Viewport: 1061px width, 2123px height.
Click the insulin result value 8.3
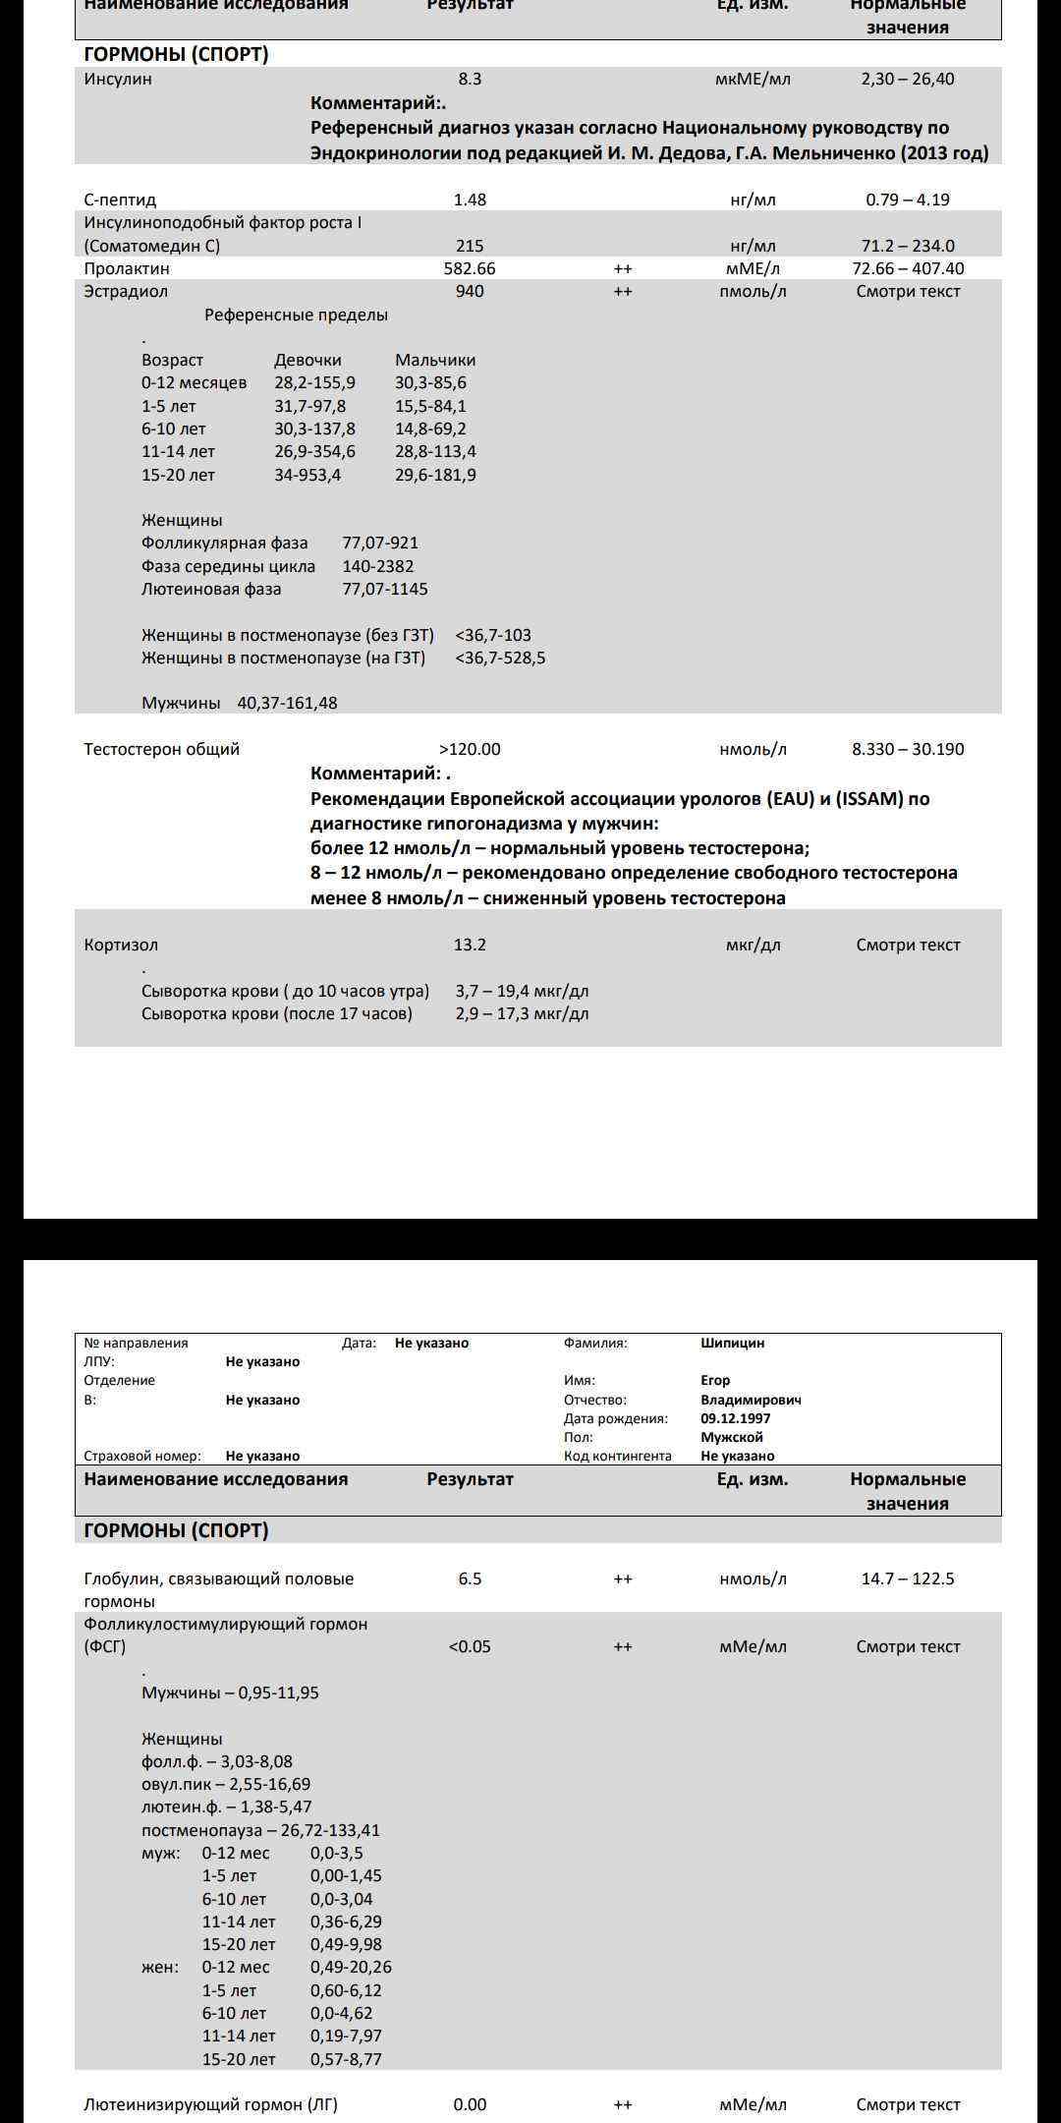coord(470,80)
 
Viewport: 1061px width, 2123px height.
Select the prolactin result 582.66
coord(470,268)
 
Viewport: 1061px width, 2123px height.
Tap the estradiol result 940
coord(470,291)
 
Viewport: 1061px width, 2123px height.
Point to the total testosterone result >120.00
coord(470,749)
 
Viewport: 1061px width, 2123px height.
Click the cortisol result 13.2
coord(470,945)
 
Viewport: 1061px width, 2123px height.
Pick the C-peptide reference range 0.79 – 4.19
coord(908,200)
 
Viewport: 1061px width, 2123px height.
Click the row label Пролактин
coord(127,268)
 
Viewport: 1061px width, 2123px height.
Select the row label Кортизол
coord(121,945)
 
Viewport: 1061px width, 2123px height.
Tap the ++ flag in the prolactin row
coord(623,268)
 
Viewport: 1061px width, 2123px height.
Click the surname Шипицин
coord(732,1343)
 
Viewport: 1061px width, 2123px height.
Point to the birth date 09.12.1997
coord(736,1418)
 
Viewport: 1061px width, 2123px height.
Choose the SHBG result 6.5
coord(470,1578)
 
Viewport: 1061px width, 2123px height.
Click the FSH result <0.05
coord(470,1646)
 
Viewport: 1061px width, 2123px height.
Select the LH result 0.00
coord(470,2104)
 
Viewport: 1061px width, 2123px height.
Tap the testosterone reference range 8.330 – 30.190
coord(908,749)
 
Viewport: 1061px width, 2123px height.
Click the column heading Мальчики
coord(435,360)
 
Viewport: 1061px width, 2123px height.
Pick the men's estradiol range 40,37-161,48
coord(287,703)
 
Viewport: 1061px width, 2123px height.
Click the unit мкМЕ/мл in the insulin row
coord(753,80)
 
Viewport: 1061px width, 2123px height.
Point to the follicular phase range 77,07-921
coord(380,543)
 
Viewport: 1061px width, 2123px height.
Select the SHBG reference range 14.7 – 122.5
coord(908,1578)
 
